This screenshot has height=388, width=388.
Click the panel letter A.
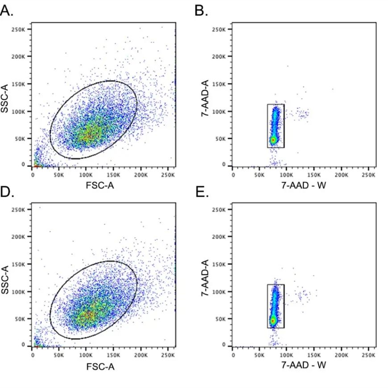tap(7, 11)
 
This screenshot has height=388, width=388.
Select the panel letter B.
tap(201, 11)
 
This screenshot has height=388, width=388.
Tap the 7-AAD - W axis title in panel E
tap(304, 365)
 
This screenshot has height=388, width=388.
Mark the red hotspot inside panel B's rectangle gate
tap(273, 140)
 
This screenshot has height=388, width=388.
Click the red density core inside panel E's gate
tap(273, 320)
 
